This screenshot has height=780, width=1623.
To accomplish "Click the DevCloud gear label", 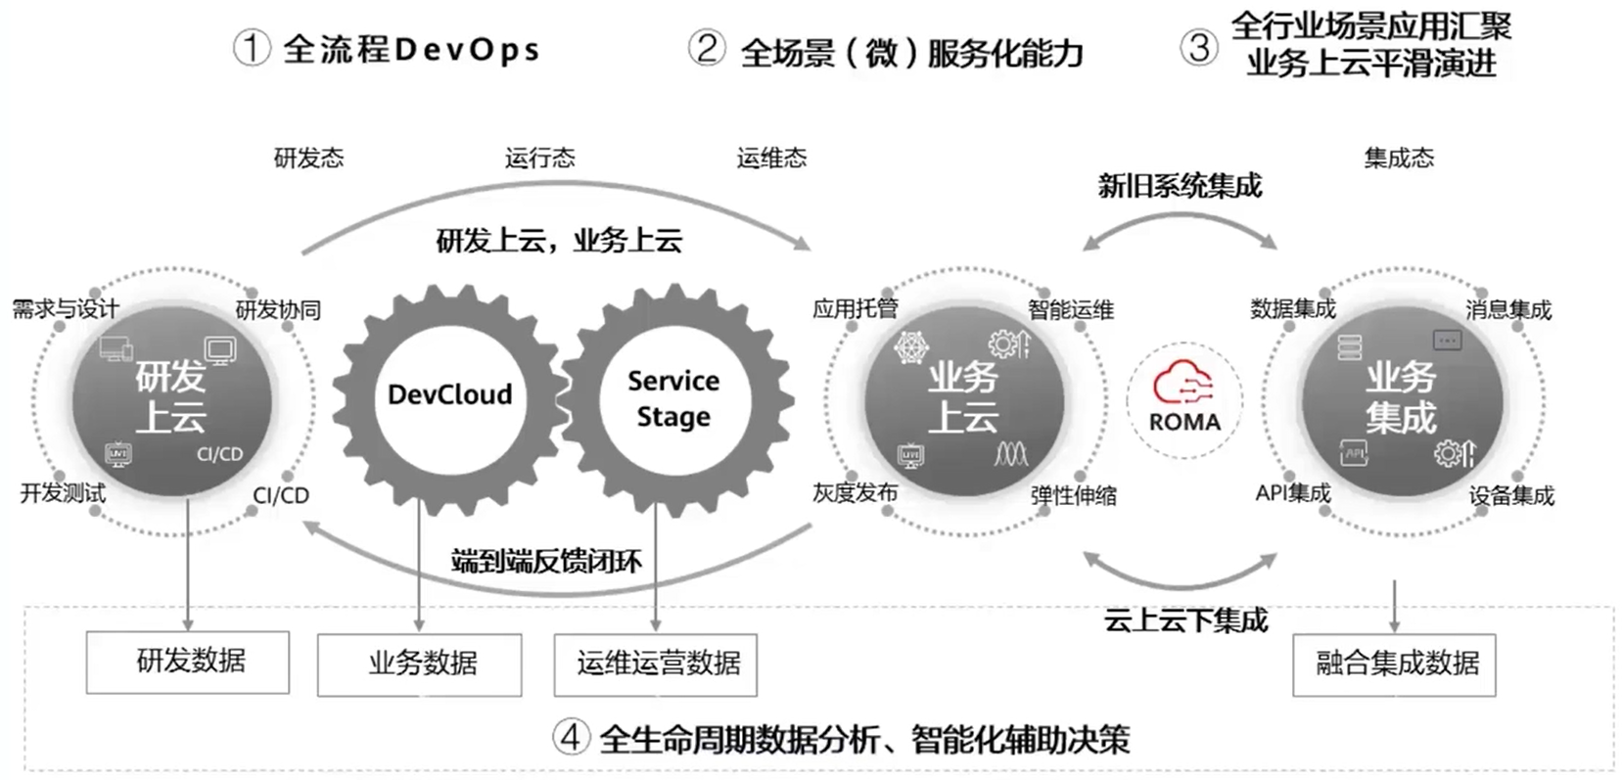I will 449,394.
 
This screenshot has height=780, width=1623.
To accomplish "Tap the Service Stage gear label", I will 673,397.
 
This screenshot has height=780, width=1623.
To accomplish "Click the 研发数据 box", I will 188,662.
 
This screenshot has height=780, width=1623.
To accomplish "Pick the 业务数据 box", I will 420,665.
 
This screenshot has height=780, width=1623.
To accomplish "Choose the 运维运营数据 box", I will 656,665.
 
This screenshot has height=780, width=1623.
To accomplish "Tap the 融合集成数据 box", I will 1394,665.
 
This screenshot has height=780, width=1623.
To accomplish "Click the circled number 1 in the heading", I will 252,48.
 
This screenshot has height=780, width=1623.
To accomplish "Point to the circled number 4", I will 571,737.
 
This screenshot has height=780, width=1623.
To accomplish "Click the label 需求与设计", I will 65,309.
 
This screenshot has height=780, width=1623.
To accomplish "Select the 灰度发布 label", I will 855,492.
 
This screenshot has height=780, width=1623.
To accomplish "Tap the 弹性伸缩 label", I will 1073,496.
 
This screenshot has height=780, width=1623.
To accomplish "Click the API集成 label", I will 1292,493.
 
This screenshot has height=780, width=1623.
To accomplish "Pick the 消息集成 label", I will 1507,310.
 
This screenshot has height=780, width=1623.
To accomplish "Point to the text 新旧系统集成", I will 1180,186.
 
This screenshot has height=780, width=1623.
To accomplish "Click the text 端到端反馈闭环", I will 546,561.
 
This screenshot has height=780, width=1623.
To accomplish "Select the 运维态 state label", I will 771,158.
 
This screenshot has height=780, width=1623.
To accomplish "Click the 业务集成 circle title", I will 1401,397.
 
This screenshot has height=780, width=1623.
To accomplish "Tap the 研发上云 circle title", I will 171,396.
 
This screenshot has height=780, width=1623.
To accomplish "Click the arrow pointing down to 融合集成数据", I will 1394,607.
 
